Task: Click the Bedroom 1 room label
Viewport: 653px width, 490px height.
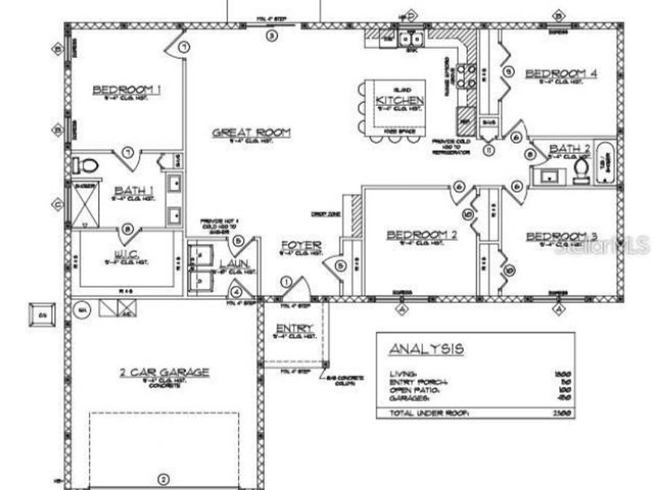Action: (126, 90)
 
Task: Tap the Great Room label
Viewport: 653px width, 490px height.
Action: (251, 133)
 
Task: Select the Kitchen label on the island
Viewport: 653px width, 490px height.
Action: (399, 100)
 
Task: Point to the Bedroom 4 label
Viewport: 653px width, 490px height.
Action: (561, 73)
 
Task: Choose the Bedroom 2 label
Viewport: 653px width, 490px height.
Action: (422, 234)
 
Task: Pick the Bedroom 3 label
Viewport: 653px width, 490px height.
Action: (561, 237)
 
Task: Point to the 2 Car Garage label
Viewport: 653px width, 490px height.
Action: (165, 372)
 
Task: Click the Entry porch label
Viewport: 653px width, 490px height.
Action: (294, 329)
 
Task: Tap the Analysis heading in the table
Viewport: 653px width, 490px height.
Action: (426, 349)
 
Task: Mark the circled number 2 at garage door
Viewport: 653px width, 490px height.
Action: (163, 478)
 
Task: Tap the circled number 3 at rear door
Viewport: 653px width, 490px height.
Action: (271, 34)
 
